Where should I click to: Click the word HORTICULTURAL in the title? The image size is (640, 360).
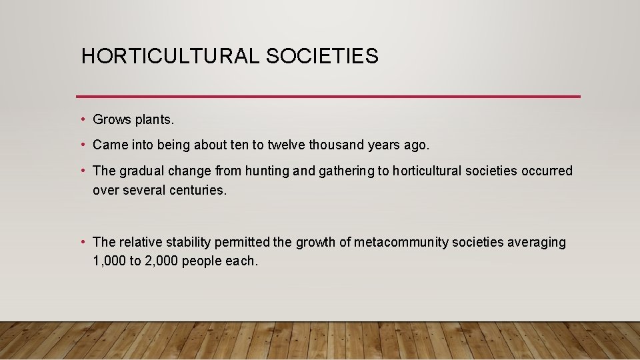(171, 56)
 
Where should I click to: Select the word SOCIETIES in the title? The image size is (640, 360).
(322, 56)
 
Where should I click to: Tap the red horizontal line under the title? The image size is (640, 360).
(328, 96)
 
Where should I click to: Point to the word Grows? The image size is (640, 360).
(112, 120)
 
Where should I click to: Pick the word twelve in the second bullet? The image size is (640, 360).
(289, 145)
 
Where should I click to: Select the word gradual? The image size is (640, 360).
(141, 171)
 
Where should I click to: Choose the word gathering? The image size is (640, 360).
(346, 171)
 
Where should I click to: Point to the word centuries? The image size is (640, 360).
(198, 190)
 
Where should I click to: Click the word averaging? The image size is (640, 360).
(537, 242)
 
